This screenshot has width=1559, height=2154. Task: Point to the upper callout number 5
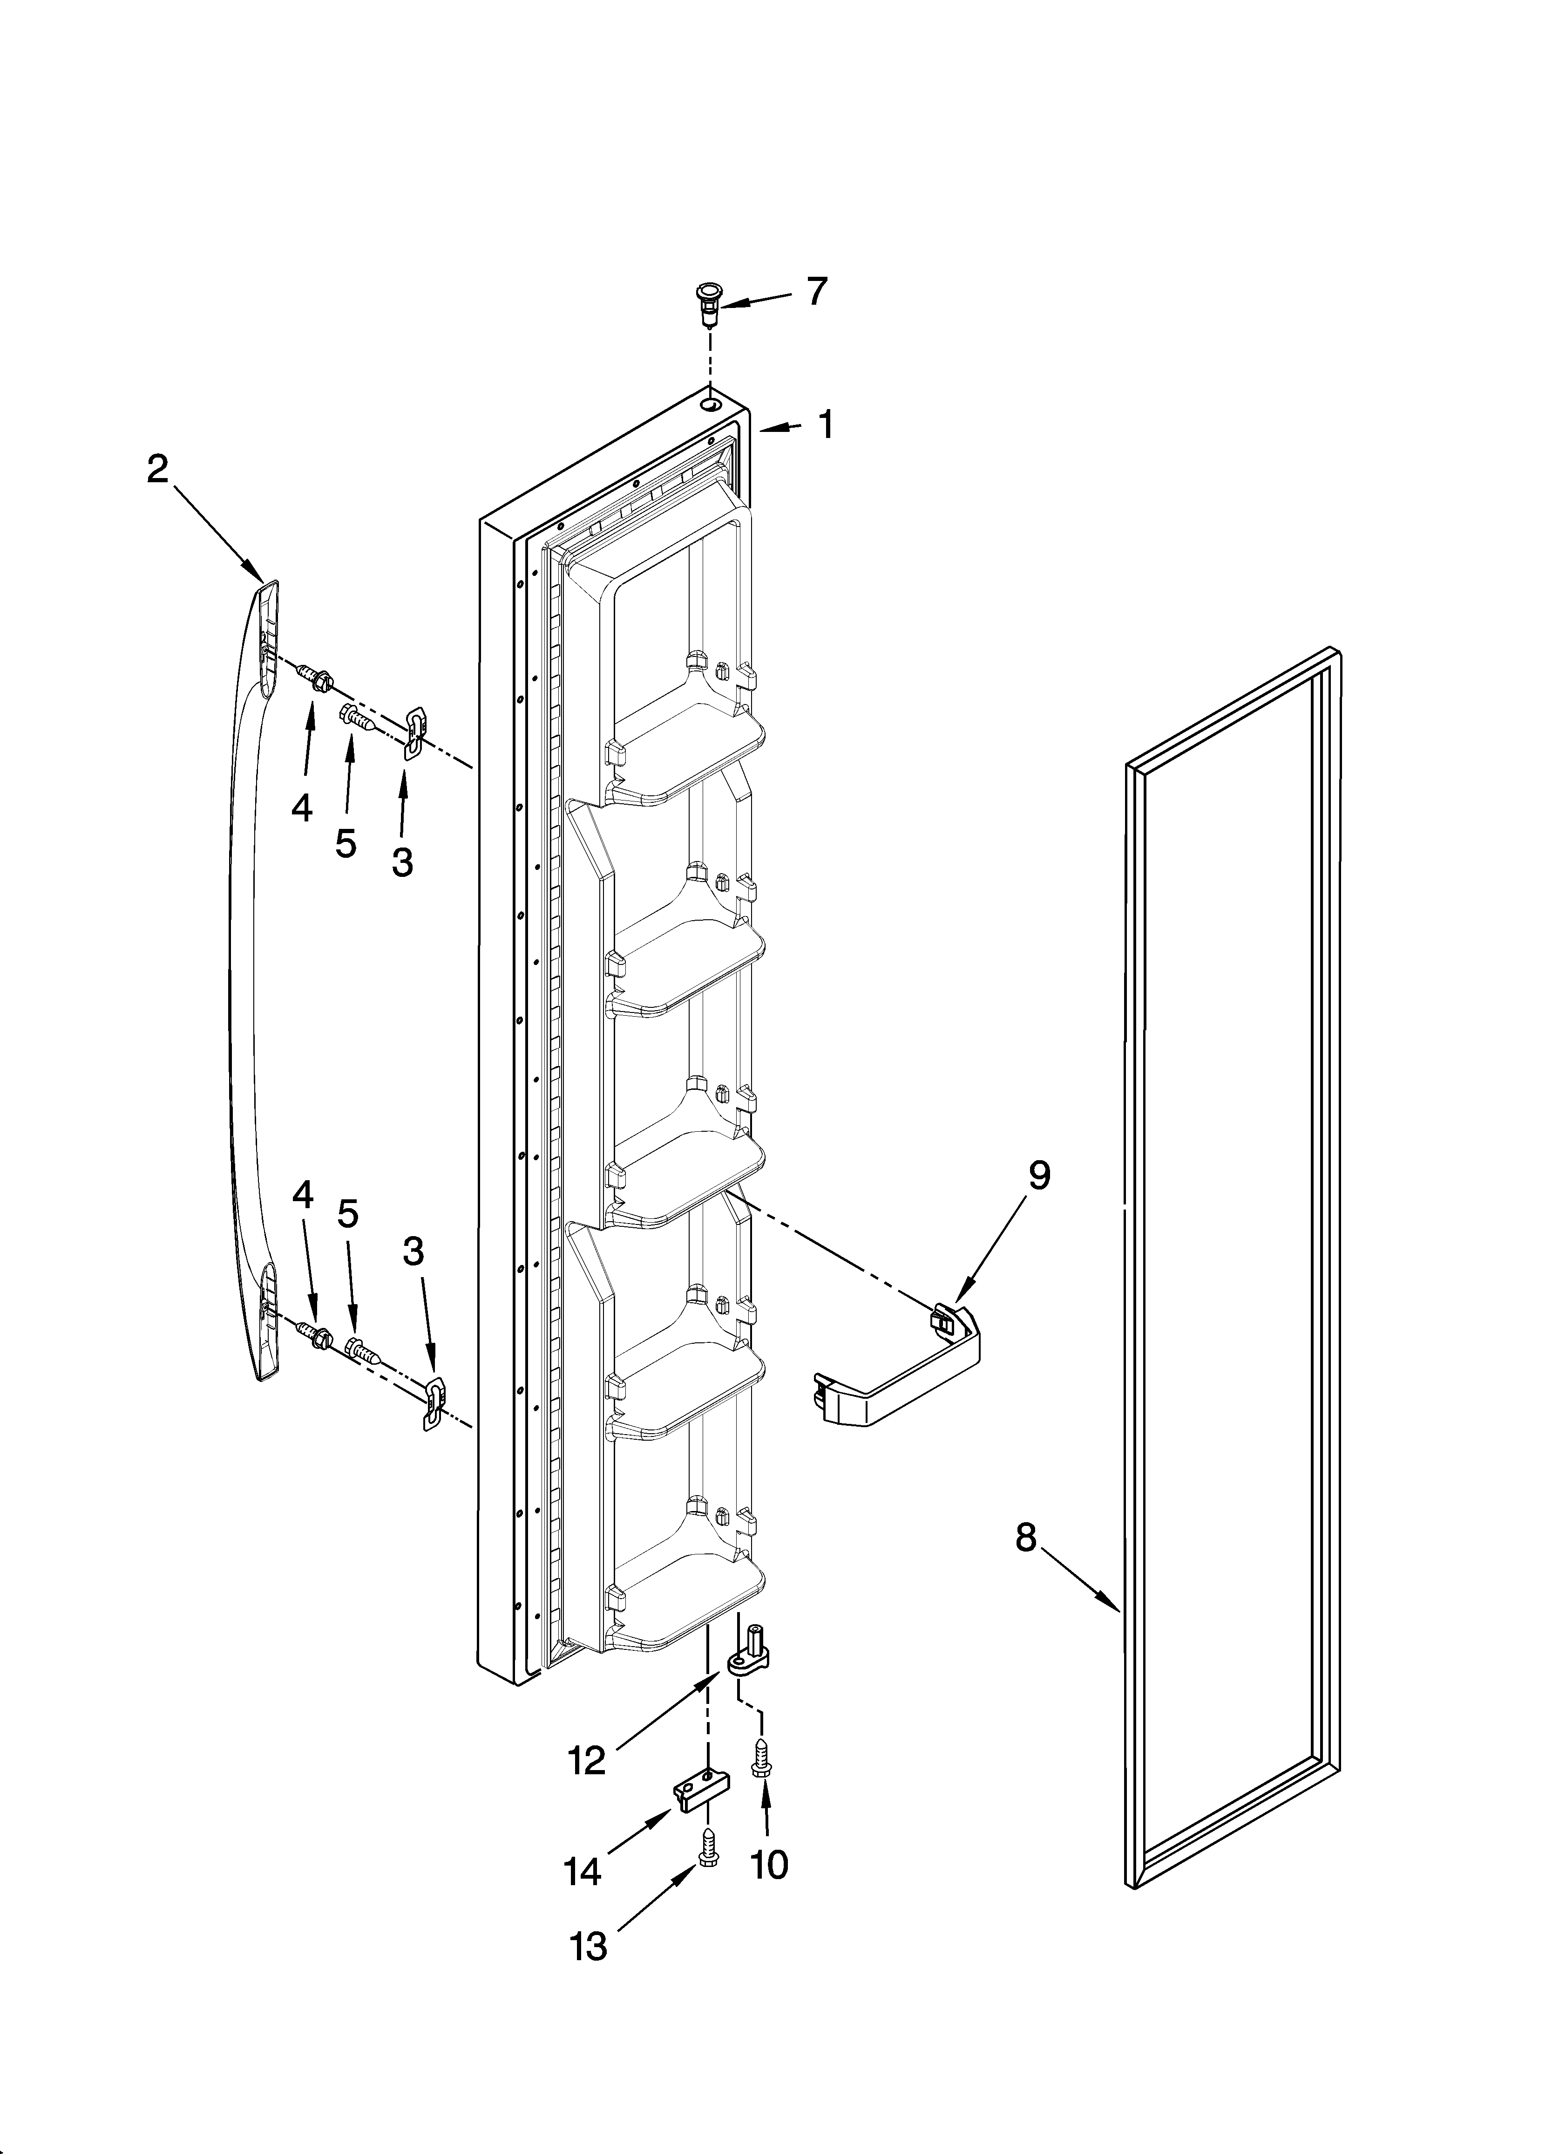pos(346,841)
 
